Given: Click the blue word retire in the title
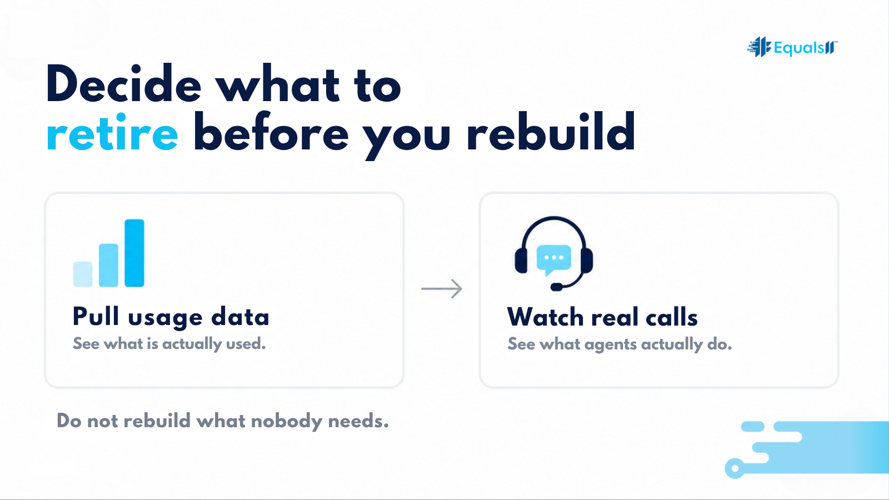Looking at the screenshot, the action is coord(112,132).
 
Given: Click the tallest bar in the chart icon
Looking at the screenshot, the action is coord(134,253).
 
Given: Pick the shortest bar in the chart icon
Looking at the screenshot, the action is coord(83,274).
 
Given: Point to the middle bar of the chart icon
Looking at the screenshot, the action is coord(108,265).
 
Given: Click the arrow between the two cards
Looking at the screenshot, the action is coord(442,288).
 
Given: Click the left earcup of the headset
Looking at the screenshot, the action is coord(522,261).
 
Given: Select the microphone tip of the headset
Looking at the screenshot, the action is coord(556,287).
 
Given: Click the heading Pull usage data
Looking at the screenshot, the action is coord(171,317).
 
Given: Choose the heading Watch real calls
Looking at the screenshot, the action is coord(602,317).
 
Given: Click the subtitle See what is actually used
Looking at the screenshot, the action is coord(169,344).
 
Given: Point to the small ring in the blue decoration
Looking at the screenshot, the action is coord(735,468).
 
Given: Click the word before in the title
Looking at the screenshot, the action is coord(271,131).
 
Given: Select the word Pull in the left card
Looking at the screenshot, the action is coord(96,316).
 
